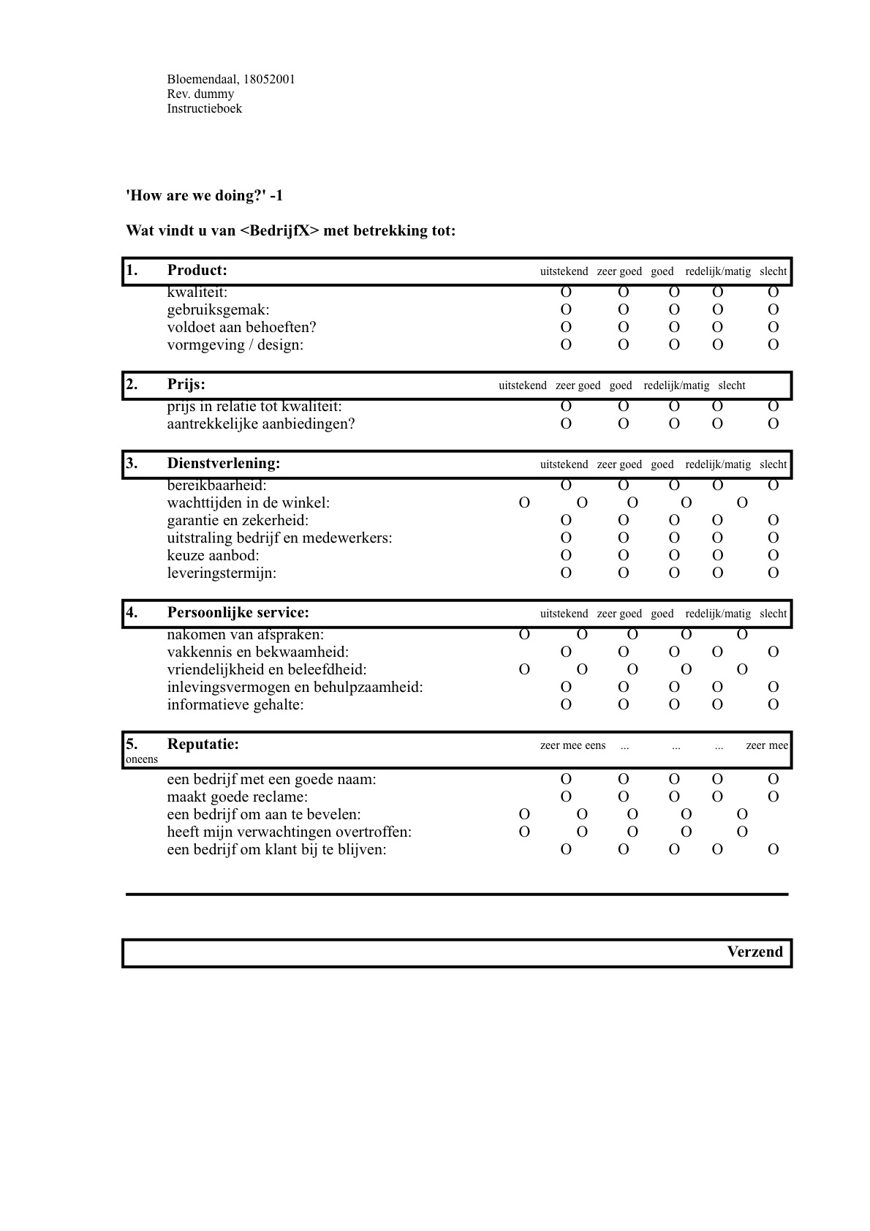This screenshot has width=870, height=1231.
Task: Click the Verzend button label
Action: coord(754,952)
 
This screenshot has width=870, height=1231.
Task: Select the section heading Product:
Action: coord(197,270)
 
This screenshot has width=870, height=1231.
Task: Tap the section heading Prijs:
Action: coord(186,384)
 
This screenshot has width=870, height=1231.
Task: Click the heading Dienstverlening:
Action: coord(223,463)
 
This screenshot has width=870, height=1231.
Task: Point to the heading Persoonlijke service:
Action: coord(238,612)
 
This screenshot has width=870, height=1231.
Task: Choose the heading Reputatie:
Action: coord(203,745)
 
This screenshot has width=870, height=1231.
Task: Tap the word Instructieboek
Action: coord(204,108)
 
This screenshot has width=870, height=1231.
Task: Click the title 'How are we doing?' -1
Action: coord(204,195)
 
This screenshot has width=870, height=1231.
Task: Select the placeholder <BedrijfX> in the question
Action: coord(279,230)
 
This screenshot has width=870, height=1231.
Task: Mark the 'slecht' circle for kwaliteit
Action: coord(773,293)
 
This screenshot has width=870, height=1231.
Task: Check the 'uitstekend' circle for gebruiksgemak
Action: coord(566,309)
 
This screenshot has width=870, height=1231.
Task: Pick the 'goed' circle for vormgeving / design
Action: coord(674,345)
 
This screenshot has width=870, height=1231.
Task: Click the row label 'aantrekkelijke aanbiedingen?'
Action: coord(260,423)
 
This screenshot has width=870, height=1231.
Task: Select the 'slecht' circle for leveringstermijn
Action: coord(773,573)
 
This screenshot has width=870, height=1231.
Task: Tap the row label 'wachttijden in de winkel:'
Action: coord(248,502)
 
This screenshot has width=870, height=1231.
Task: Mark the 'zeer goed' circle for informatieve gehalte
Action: coord(623,704)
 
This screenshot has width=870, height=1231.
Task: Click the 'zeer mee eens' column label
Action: coord(572,745)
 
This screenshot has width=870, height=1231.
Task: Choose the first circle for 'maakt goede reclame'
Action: coord(566,797)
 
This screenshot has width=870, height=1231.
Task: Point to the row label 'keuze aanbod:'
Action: coord(213,555)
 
